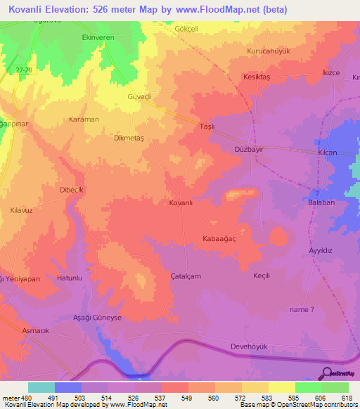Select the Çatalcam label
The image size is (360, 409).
point(186,276)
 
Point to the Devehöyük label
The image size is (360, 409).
point(250,346)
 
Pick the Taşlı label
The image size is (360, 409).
point(207,125)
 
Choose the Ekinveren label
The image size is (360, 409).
point(98,36)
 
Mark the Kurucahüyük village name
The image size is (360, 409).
point(269,51)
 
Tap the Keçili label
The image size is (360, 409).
point(262,275)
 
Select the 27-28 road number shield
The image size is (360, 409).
point(23,69)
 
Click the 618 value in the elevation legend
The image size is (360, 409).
point(347,398)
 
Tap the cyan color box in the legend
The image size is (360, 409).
point(41,387)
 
